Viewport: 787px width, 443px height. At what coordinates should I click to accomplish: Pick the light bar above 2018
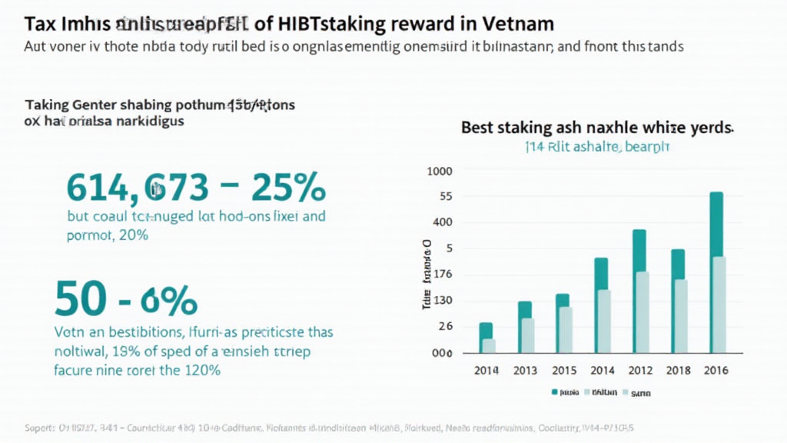tap(681, 316)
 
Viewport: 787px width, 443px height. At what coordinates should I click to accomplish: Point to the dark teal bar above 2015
tap(563, 300)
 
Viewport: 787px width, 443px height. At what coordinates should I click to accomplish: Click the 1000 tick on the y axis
tap(440, 171)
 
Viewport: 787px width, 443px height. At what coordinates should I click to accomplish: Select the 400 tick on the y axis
tap(443, 223)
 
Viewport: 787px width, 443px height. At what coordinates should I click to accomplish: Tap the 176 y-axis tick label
tap(442, 275)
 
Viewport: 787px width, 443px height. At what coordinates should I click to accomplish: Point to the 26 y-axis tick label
tap(445, 327)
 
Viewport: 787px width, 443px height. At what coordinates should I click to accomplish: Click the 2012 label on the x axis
tap(639, 371)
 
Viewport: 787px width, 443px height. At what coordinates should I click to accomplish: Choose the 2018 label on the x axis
tap(678, 371)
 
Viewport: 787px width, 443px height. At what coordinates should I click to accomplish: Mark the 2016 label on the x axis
tap(716, 371)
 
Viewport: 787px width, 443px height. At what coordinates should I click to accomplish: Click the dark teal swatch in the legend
tap(554, 392)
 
